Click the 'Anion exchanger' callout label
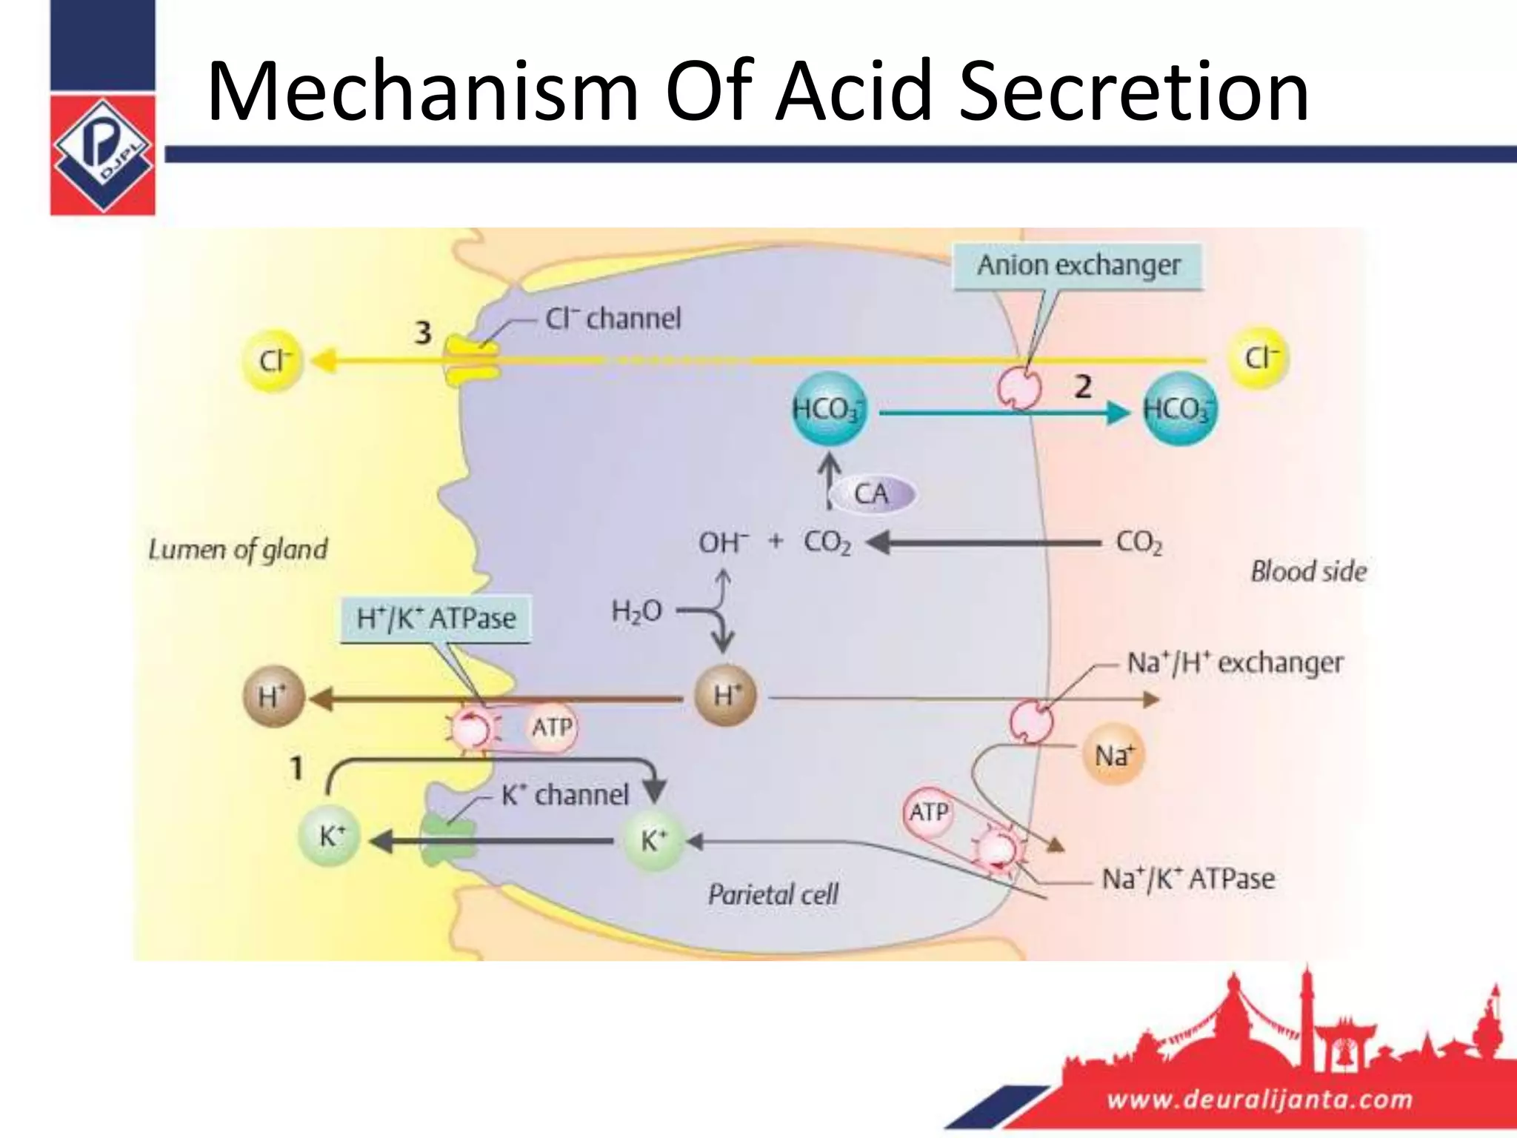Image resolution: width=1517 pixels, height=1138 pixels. tap(1078, 265)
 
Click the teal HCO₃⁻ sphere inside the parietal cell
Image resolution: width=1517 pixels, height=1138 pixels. tap(829, 409)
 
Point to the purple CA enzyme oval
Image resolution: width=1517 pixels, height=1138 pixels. tap(872, 494)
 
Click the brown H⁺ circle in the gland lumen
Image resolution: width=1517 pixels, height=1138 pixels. tap(273, 697)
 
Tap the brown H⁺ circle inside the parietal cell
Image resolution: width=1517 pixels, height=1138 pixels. tap(726, 696)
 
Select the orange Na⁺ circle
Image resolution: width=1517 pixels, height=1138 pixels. tap(1113, 756)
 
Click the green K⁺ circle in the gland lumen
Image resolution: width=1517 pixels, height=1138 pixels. tap(330, 837)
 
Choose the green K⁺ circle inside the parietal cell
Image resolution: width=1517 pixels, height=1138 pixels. tap(653, 840)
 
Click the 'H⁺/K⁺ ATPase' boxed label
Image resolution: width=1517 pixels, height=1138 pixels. tap(436, 619)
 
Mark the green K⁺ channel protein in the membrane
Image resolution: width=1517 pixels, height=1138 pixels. tap(447, 839)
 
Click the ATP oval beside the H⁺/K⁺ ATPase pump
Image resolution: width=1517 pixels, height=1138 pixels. tap(552, 728)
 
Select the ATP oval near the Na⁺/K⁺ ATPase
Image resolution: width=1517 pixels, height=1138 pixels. tap(928, 813)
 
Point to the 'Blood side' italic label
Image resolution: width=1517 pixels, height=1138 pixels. tap(1308, 571)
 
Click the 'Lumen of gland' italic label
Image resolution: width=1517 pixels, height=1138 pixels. tap(238, 550)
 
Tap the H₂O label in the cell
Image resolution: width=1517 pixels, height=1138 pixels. tap(636, 611)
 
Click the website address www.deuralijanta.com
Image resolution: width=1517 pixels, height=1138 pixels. tap(1259, 1099)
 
